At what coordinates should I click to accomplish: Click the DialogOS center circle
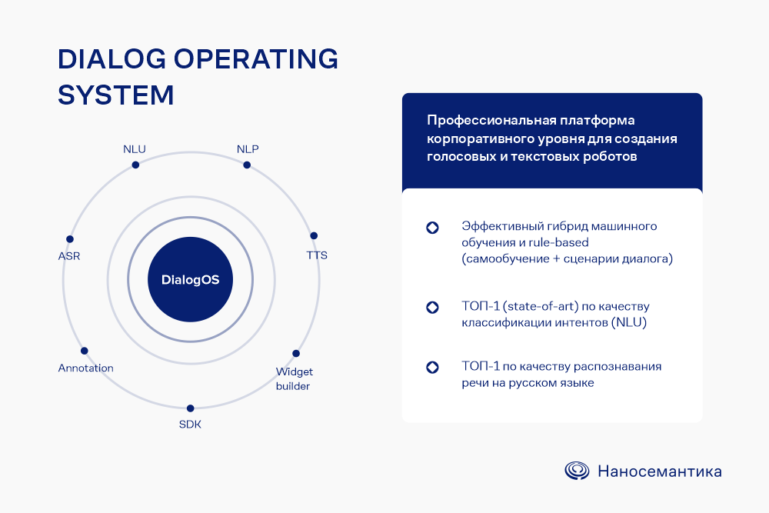(190, 279)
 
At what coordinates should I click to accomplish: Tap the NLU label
(135, 149)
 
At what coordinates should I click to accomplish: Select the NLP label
(248, 149)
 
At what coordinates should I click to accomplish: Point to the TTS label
(317, 255)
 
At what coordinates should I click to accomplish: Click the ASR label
(69, 256)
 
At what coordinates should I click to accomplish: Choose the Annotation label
(86, 368)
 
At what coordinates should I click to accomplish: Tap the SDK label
(190, 425)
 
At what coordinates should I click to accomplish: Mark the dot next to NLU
(135, 165)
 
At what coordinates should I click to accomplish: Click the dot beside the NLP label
(247, 165)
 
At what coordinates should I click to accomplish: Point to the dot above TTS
(314, 235)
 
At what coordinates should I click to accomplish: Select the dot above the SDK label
(190, 408)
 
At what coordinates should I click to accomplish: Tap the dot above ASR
(70, 239)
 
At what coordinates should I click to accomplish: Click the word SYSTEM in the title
(116, 95)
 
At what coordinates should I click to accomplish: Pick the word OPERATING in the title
(256, 59)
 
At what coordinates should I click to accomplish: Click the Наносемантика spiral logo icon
(577, 471)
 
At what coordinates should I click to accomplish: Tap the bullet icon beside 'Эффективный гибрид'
(432, 228)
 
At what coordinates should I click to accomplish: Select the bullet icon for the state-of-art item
(432, 308)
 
